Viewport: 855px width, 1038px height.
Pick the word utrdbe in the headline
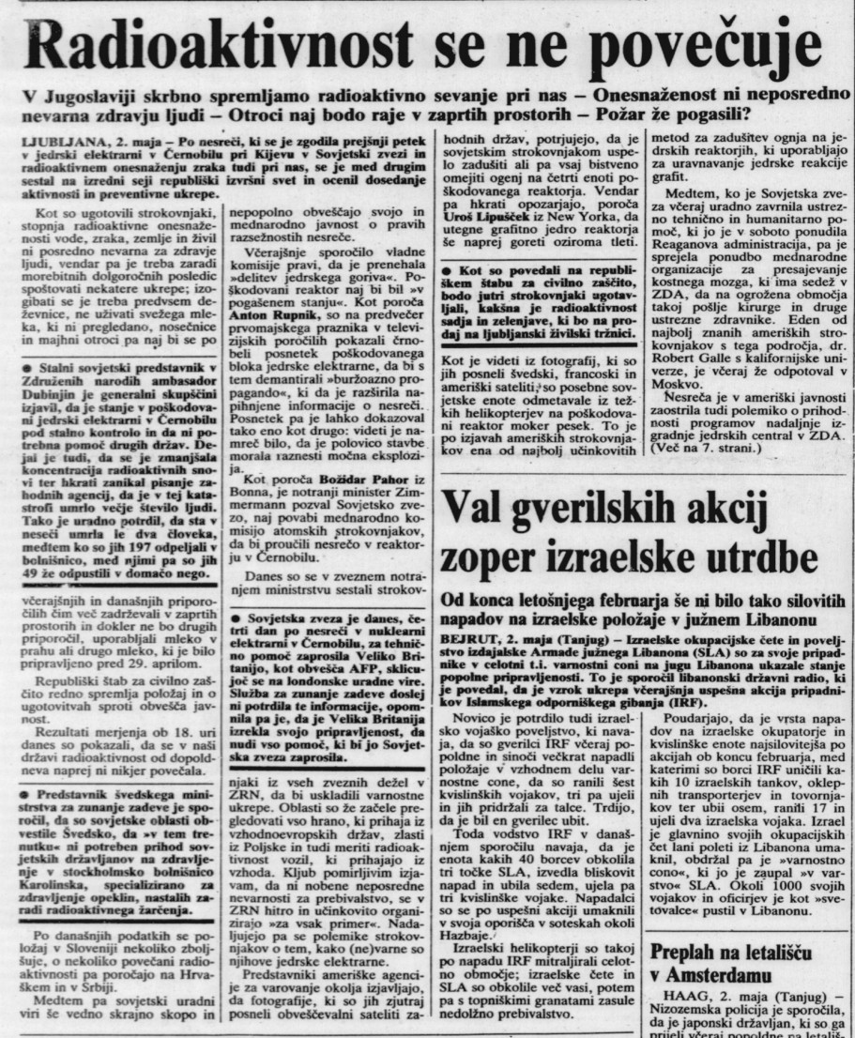759,559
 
